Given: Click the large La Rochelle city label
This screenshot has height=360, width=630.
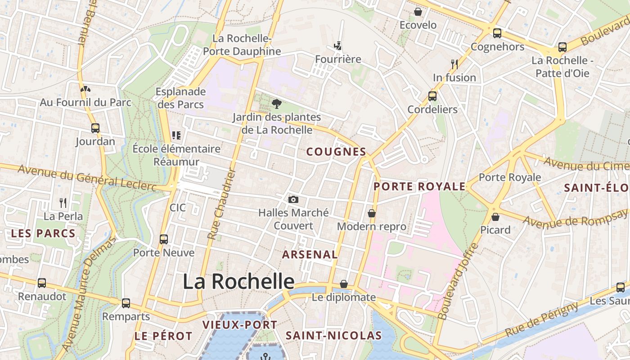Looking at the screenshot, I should point(238,282).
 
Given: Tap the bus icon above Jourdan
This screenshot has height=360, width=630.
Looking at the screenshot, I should point(95,128).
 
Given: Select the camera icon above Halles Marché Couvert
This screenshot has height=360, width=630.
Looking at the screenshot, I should point(293,199).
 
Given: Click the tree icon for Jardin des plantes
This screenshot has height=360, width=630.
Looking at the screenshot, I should point(277,104).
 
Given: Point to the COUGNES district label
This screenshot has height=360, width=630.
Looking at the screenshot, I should point(336,152).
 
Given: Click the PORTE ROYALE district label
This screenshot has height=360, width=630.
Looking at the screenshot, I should point(419,186).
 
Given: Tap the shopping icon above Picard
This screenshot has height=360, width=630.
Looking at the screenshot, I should point(495,217).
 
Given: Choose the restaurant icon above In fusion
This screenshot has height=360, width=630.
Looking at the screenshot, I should point(454,64).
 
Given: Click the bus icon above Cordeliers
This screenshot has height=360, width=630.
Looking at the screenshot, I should point(432,96).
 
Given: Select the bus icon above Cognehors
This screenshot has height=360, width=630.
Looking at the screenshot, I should point(497,33).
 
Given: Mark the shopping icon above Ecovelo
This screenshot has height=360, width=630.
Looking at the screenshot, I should point(418,12).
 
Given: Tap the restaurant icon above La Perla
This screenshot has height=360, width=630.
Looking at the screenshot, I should point(63,203).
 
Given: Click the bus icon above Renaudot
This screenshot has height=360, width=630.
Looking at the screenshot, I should point(42,283).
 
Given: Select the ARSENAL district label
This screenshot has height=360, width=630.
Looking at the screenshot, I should point(310,255).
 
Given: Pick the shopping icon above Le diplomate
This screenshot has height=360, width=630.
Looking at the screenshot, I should point(344,284).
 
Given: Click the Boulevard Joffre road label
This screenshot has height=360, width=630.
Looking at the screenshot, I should point(458,282).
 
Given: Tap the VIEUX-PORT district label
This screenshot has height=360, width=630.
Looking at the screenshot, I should point(239,325).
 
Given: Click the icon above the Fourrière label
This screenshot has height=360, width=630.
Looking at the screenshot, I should point(338,46).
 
